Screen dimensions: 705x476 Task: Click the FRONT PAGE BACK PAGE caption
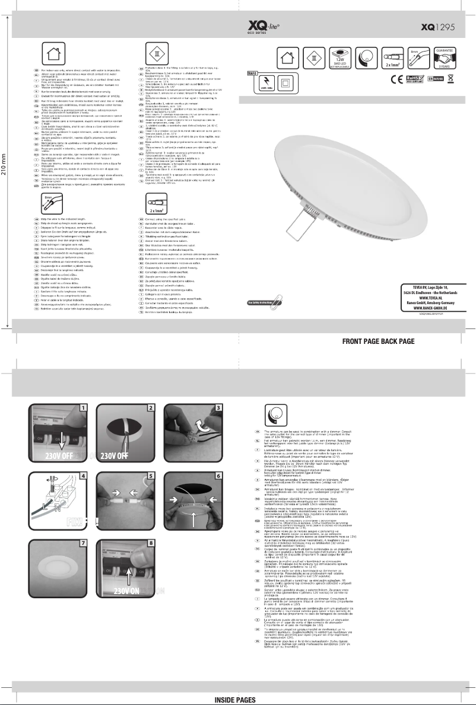378,342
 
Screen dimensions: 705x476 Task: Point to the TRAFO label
252,74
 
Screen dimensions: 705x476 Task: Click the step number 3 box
218,408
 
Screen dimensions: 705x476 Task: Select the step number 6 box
218,477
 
